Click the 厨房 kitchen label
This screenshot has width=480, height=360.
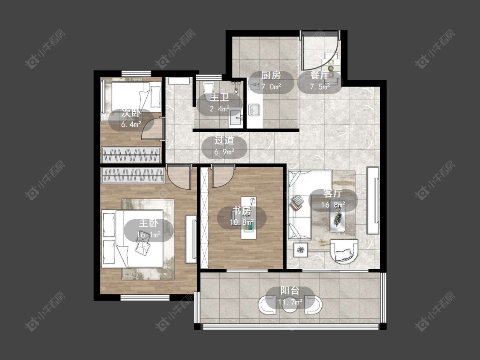point(271,75)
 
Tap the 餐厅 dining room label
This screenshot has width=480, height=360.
point(319,75)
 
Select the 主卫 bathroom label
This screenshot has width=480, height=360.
point(219,98)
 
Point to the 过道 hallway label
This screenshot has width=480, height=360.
point(224,140)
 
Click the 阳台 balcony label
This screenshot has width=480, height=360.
point(290,290)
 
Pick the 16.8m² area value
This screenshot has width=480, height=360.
point(333,204)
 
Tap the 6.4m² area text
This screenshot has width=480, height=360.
point(131,124)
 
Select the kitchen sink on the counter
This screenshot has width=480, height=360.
point(254,110)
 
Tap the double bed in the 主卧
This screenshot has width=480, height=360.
point(132,238)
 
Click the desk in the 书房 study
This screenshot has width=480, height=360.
point(248,218)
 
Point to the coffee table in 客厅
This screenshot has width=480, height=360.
point(337,216)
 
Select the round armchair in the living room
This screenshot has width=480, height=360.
point(344,252)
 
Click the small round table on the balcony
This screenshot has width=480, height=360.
point(289,304)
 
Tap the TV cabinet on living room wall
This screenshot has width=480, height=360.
point(373,200)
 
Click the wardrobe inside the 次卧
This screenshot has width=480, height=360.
point(131,154)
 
